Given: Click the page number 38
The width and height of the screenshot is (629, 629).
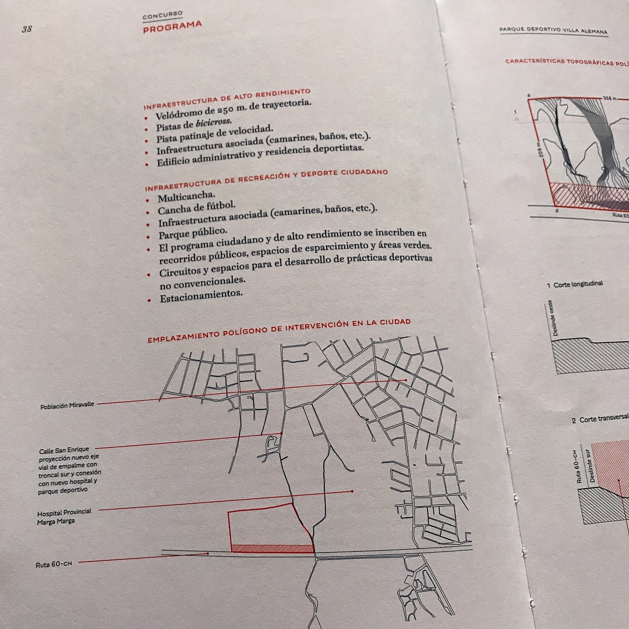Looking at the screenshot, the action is (27, 29).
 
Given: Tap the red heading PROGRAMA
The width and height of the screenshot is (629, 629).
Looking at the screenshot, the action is (172, 27).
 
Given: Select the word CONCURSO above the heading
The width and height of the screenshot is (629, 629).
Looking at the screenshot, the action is (162, 16).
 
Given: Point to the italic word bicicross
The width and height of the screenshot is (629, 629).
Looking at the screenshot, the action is (214, 122).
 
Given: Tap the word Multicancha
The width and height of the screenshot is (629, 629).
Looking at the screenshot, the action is (186, 197).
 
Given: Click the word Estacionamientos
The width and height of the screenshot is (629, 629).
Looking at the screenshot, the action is (202, 296).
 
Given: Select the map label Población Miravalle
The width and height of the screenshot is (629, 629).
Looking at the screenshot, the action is (68, 405).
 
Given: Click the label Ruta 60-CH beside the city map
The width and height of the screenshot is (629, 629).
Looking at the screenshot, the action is (54, 564).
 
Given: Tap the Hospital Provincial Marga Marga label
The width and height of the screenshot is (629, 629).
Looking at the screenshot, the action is (64, 517).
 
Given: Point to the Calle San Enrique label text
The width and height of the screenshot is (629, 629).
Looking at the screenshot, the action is (64, 450).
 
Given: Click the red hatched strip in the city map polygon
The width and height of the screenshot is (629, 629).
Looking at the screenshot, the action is (273, 549).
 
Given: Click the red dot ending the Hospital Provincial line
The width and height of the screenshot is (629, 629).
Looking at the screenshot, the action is (352, 491).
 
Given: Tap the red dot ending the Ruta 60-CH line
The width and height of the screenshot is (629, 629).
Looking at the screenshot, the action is (208, 554).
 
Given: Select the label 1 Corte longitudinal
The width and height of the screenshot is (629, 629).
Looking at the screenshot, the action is (574, 284).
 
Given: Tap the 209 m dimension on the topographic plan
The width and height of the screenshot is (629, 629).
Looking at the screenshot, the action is (540, 150).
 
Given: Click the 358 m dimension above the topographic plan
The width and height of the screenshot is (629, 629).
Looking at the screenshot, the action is (609, 97).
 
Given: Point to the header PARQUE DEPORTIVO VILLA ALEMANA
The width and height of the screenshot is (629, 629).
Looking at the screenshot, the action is (554, 30).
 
